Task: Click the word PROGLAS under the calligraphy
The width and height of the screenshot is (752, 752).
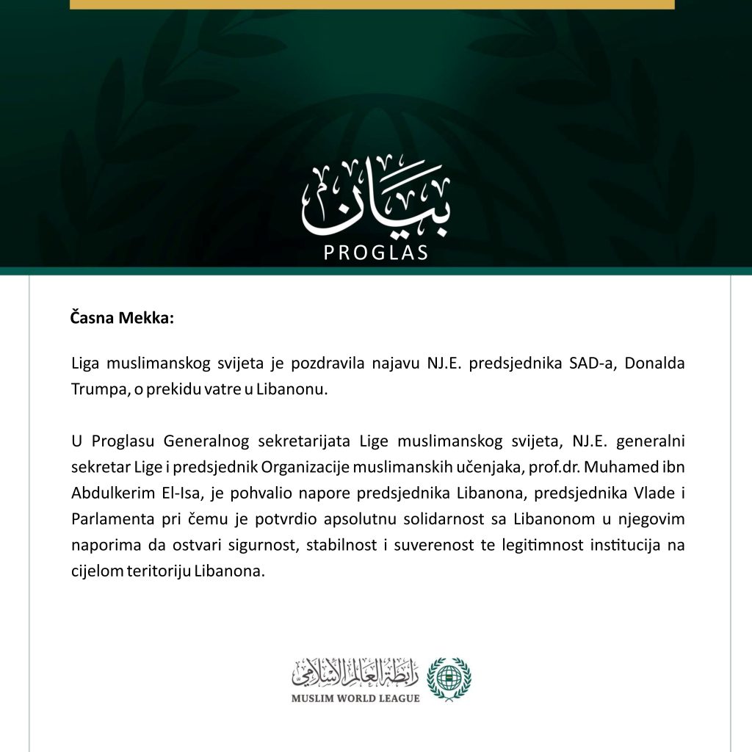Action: [376, 253]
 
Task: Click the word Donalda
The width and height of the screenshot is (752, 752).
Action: [657, 364]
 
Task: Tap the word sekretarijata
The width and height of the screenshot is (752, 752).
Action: [305, 443]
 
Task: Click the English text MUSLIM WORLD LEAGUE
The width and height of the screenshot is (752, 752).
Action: [355, 698]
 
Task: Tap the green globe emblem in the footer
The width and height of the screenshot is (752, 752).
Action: [449, 677]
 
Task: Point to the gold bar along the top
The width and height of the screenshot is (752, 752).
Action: [372, 4]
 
